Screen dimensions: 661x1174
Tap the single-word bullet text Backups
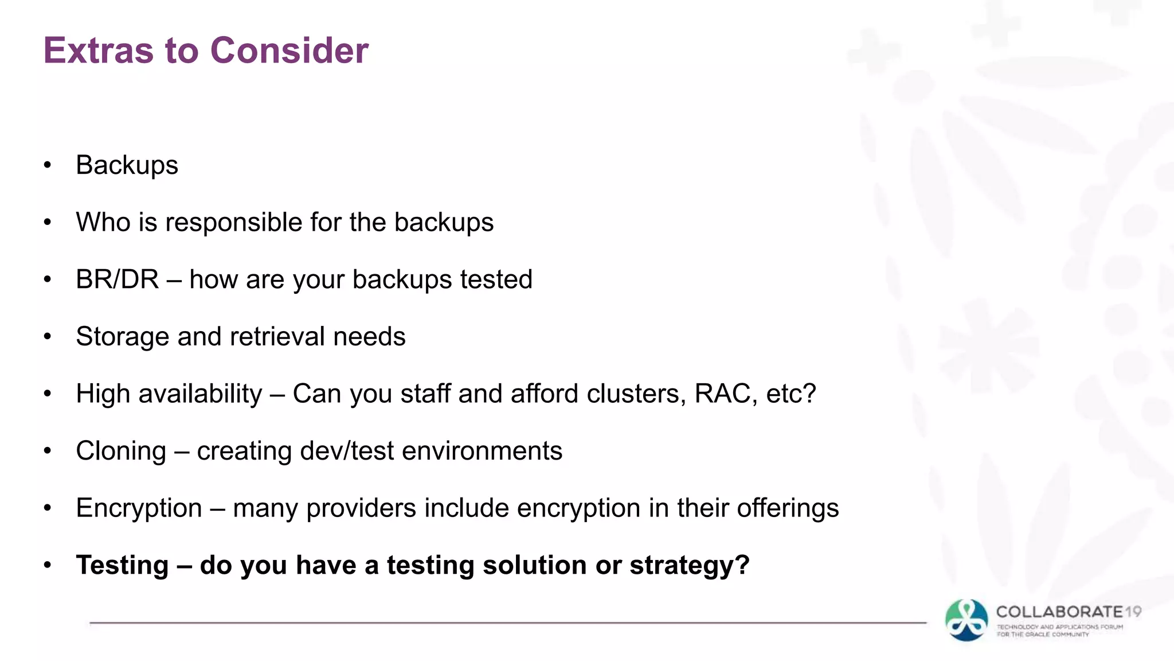(127, 165)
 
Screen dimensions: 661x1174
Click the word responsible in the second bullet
(234, 223)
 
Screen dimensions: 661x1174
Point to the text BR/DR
(117, 279)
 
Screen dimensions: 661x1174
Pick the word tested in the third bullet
(496, 279)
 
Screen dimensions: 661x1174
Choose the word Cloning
(121, 451)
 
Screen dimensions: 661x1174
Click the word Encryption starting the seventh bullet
(139, 508)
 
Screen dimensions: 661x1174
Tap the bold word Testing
(122, 565)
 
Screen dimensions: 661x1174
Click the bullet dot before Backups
(48, 165)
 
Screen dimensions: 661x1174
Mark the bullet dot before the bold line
(48, 565)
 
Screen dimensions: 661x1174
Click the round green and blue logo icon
(966, 620)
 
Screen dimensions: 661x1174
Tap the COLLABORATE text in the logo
(1059, 612)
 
